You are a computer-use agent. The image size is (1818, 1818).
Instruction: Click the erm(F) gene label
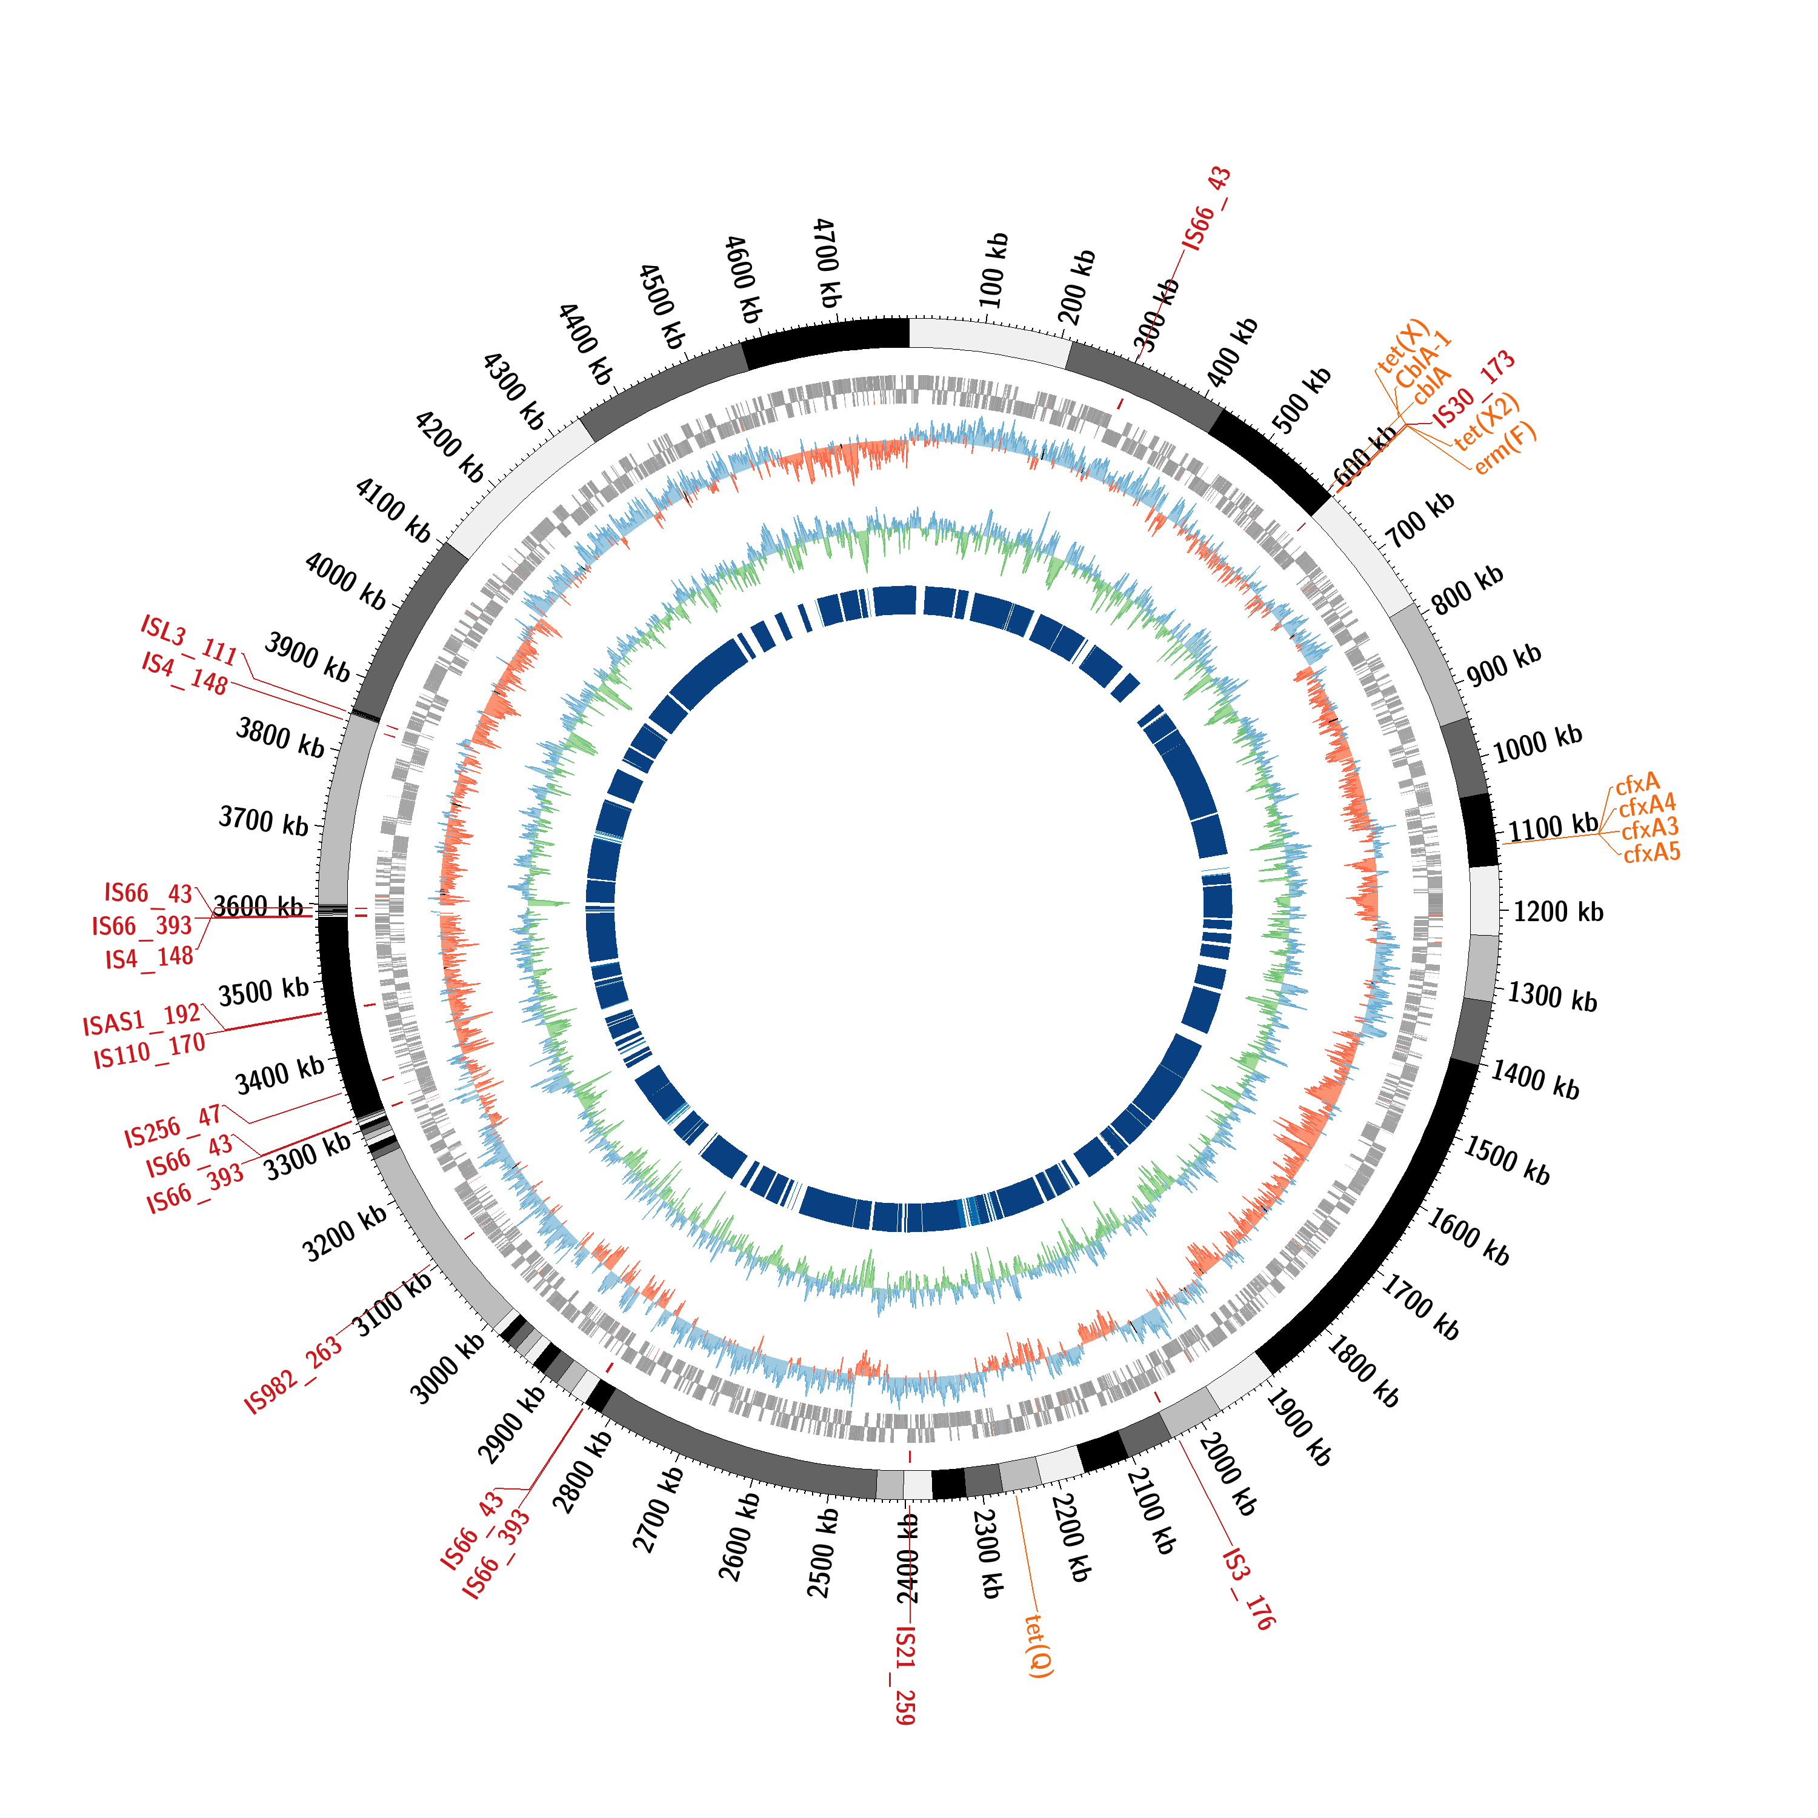pyautogui.click(x=1505, y=448)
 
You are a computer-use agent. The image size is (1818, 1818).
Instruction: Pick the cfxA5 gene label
pyautogui.click(x=1651, y=853)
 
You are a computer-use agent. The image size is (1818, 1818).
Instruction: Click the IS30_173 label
pyautogui.click(x=1474, y=388)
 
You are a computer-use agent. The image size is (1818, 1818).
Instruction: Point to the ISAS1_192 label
pyautogui.click(x=141, y=1019)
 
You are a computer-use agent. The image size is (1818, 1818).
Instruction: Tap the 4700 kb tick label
pyautogui.click(x=826, y=264)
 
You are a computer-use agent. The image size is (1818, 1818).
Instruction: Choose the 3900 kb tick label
pyautogui.click(x=307, y=657)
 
